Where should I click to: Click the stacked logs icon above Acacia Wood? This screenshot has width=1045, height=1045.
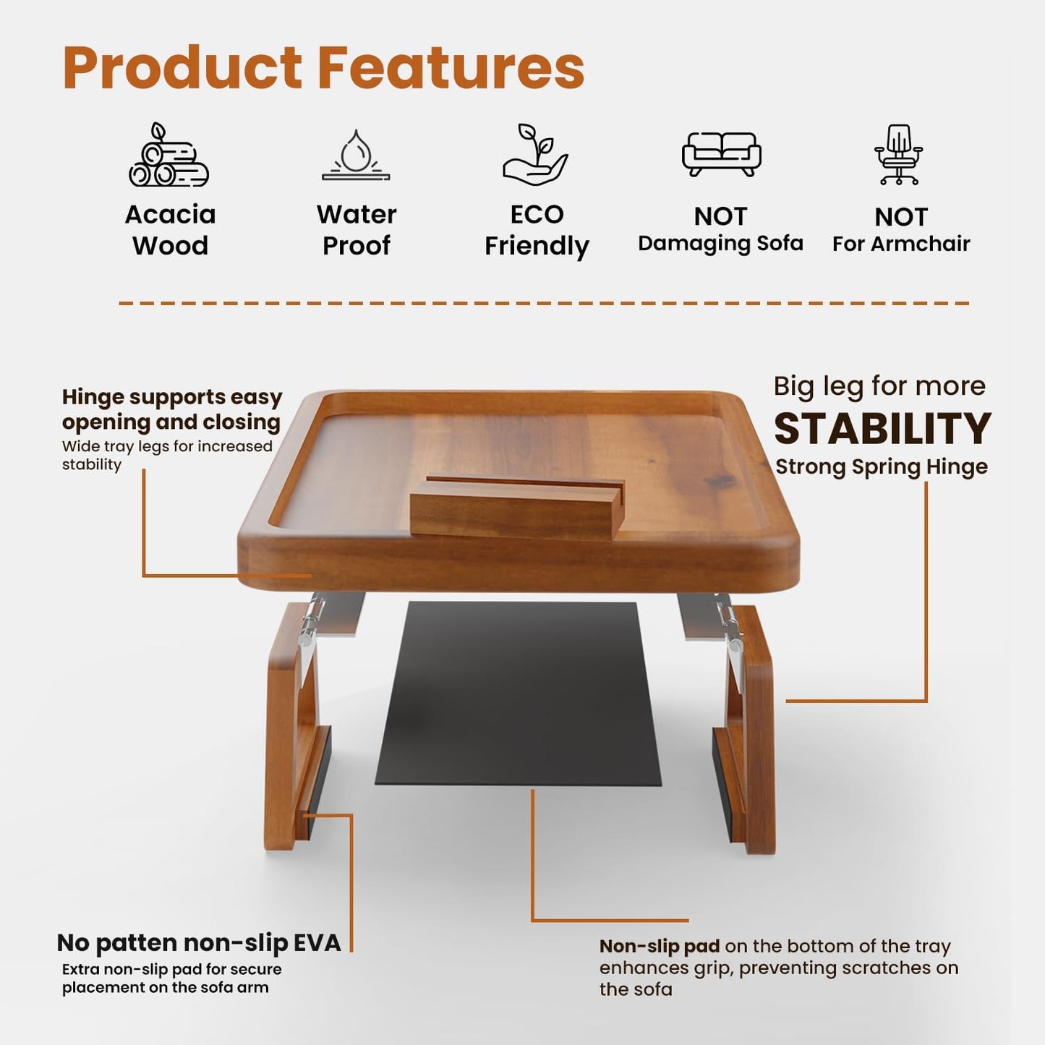[169, 155]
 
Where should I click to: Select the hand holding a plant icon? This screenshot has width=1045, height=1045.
[535, 155]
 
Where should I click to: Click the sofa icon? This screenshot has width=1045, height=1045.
[721, 153]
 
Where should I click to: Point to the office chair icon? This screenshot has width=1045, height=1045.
[899, 155]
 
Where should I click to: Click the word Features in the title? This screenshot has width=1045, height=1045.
[451, 68]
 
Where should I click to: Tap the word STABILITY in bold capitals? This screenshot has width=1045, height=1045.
[882, 429]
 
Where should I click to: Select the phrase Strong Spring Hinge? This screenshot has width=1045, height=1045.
[882, 467]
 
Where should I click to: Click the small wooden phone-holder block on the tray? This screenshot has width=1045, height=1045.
[516, 508]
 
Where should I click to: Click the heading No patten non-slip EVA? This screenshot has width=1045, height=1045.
[198, 943]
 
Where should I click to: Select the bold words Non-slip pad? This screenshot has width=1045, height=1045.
[659, 947]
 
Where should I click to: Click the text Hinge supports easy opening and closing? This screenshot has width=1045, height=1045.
[171, 409]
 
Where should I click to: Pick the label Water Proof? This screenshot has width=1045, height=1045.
[356, 230]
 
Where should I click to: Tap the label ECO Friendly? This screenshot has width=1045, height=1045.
[536, 230]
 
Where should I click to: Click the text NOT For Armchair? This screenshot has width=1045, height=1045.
[900, 230]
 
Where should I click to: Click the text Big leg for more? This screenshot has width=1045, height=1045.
[879, 386]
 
